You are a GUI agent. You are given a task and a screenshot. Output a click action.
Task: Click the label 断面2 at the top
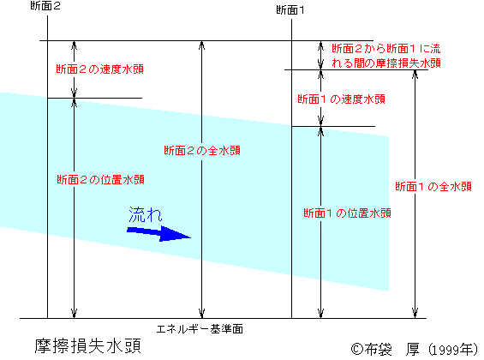point(45,6)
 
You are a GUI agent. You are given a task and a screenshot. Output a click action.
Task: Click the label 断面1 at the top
point(290,10)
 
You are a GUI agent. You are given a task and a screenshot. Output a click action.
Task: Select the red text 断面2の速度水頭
point(99,69)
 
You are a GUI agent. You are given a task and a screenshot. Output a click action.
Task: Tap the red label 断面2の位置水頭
point(100,180)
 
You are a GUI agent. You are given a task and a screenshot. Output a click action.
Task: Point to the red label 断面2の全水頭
point(202,151)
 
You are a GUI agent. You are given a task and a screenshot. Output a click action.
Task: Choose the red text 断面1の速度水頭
point(341,99)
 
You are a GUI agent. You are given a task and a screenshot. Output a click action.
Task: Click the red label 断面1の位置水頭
point(347,213)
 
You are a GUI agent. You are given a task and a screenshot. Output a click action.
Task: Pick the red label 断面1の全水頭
point(433,187)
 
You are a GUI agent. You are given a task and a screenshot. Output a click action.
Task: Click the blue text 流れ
point(146,214)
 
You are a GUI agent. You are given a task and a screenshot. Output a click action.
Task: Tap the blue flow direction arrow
point(159,233)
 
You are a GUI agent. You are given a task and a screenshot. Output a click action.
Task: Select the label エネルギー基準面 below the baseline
point(200,329)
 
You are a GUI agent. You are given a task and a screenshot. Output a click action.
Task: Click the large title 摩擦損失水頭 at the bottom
point(88,346)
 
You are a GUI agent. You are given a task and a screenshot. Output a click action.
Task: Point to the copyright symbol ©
point(357,350)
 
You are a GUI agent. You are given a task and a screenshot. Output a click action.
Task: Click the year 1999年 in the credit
point(452,350)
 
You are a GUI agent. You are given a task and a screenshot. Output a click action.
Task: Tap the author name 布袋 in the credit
point(379,350)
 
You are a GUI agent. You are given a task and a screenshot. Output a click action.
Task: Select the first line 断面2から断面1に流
point(386,49)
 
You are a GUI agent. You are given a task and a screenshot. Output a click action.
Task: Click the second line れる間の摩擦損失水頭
point(386,63)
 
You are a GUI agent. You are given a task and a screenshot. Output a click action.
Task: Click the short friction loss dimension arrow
point(320,55)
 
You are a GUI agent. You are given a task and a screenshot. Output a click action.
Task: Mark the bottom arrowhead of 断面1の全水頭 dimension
point(415,313)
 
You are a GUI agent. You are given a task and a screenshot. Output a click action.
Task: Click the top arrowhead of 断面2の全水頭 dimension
point(201,45)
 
